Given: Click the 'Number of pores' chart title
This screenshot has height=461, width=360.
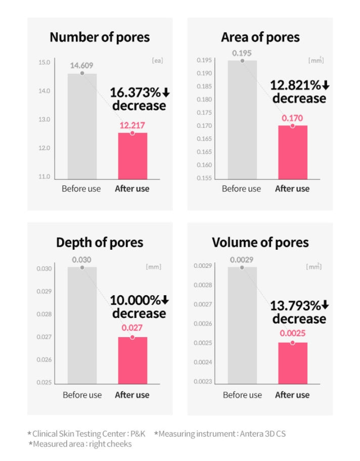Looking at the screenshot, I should pos(100,37).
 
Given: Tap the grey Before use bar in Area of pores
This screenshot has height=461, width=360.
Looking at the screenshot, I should pos(242,119).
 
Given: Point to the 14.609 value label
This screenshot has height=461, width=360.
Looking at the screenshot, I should pos(81,65).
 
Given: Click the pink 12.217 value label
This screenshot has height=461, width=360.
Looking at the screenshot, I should pos(132,125).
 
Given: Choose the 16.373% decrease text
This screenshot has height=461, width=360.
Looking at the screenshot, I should pos(139,99).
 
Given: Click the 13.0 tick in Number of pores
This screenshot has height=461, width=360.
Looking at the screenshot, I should pos(44,120).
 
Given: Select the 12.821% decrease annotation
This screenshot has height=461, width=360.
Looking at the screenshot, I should pos(298,91).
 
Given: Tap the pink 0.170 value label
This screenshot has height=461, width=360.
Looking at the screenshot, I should pos(292,118).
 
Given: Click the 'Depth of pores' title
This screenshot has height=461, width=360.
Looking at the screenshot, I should pos(100,243).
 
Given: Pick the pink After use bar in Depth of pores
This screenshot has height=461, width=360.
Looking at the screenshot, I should pos(132,360).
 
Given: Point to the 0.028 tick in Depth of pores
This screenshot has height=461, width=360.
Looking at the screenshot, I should pos(44,314).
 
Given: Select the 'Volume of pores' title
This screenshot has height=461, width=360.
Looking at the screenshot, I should pos(260,243).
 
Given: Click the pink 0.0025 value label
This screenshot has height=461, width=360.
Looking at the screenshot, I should pos(292,334).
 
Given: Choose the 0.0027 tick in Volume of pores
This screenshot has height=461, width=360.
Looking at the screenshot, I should pos(203,304).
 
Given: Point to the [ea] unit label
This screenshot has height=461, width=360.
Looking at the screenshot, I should pos(158,61).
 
